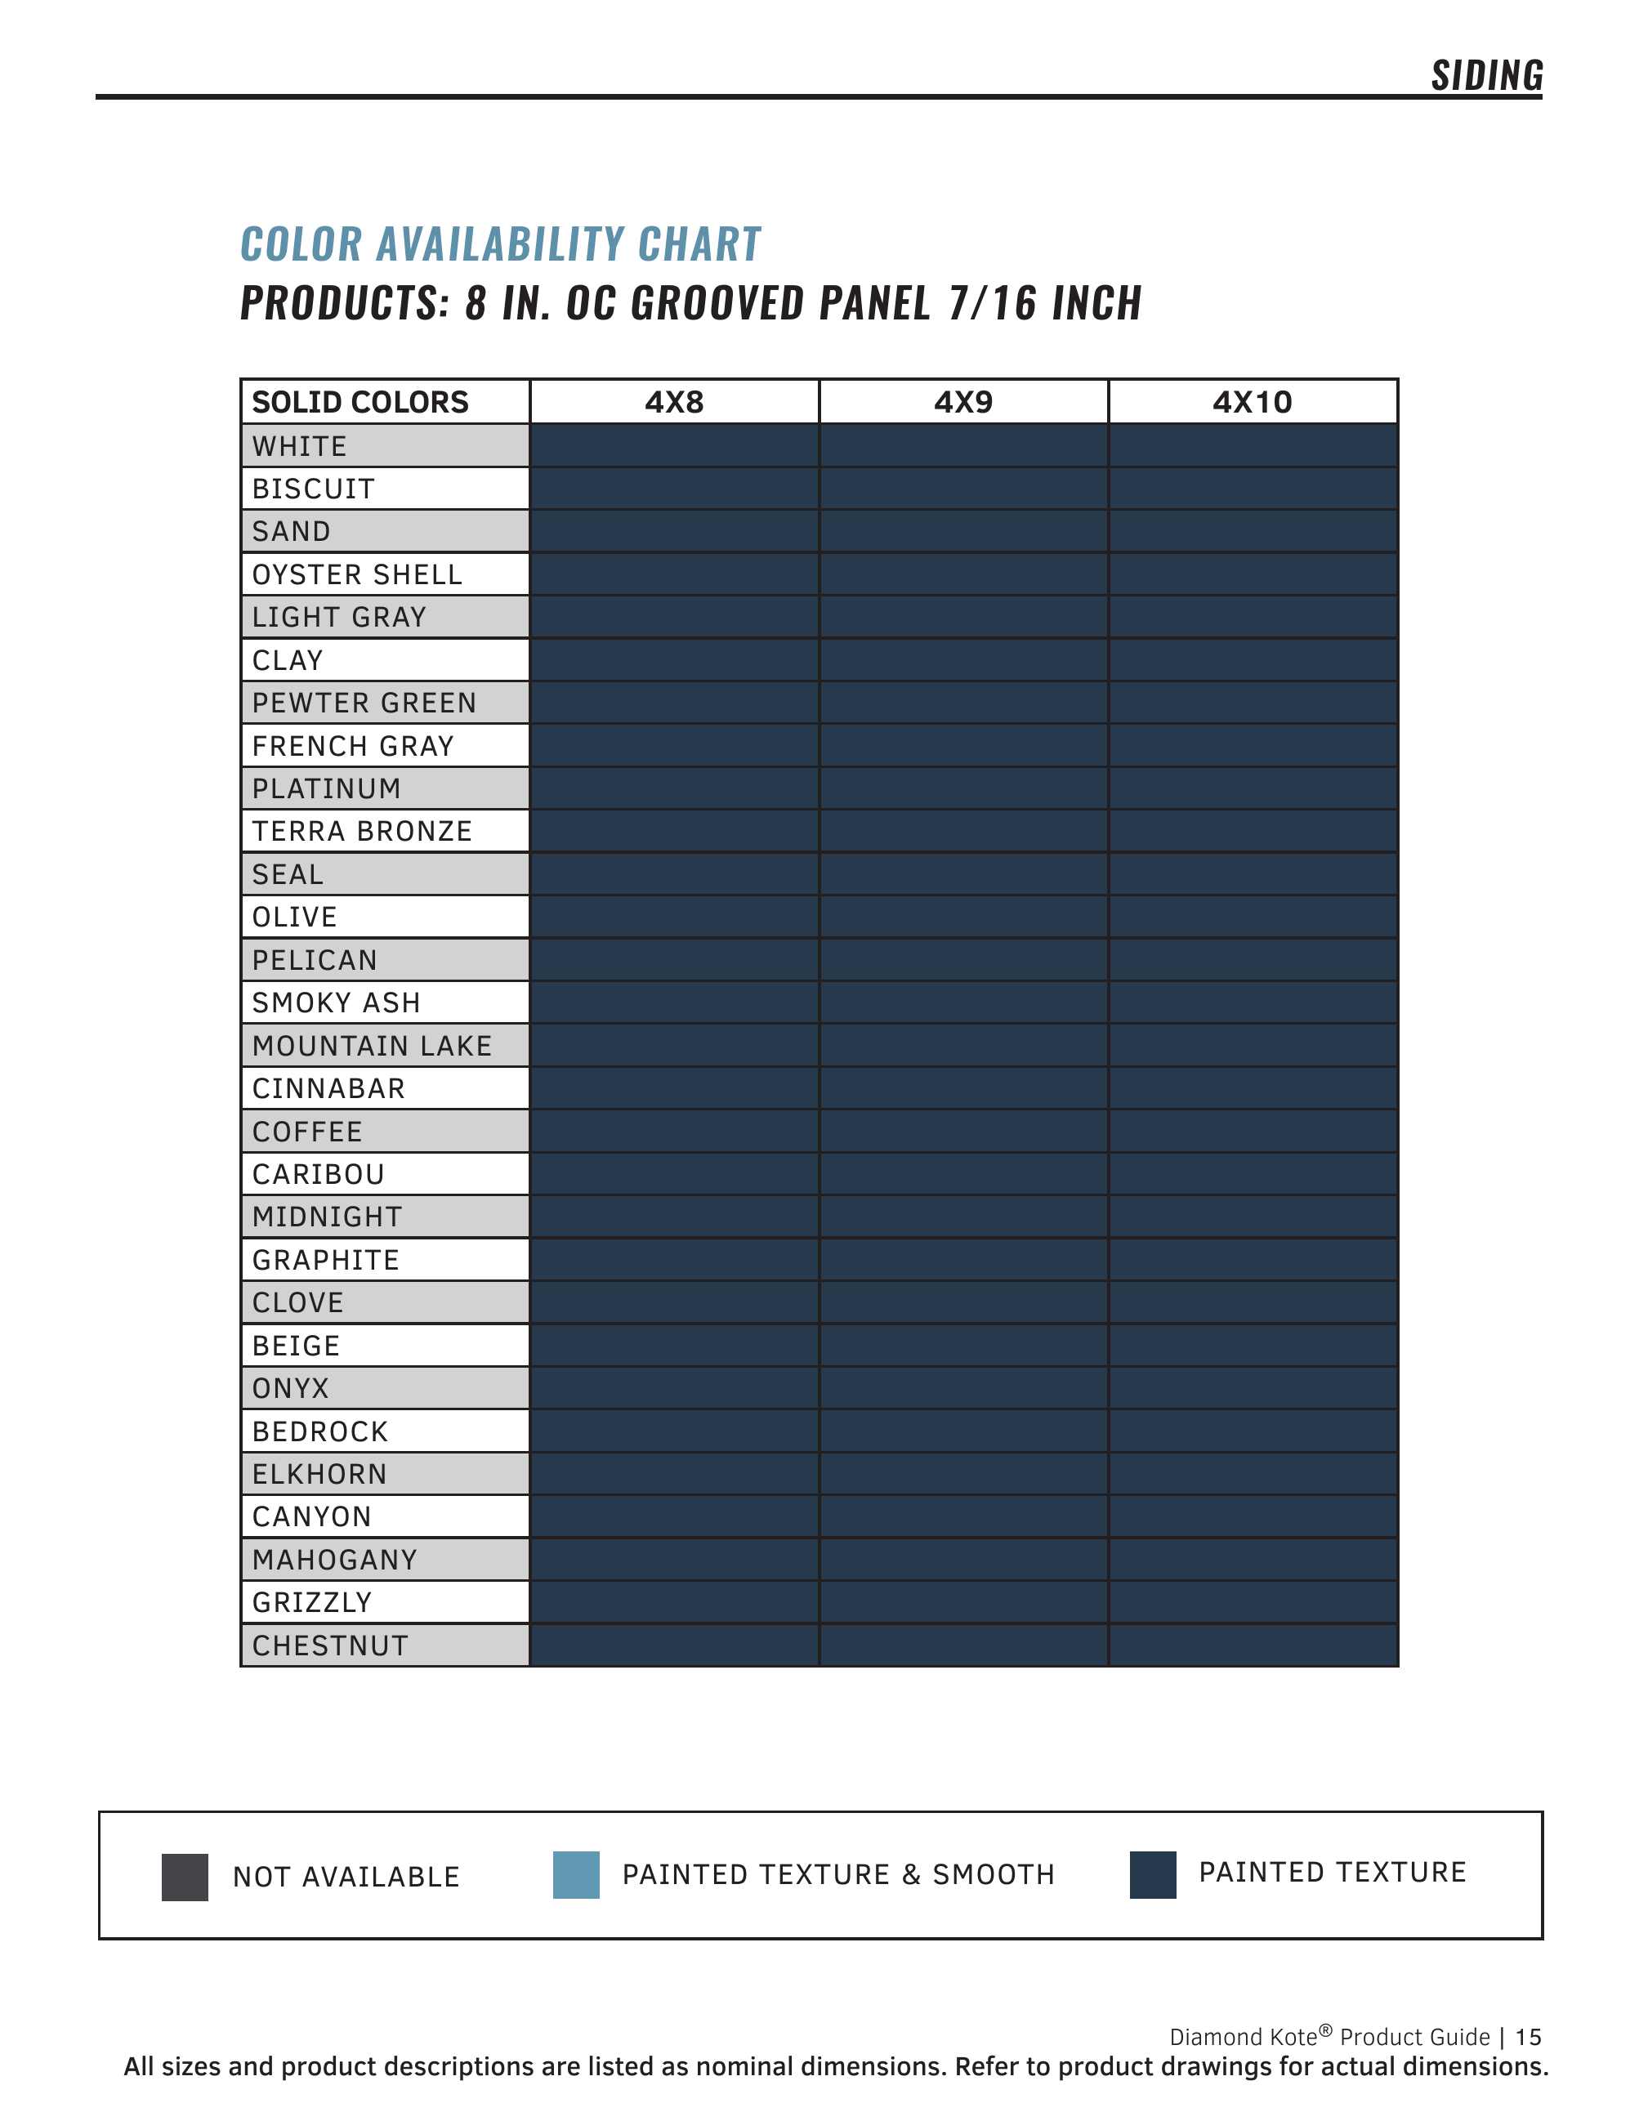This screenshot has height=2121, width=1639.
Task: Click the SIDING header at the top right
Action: pos(1485,76)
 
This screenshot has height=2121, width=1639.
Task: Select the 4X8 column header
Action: pos(674,402)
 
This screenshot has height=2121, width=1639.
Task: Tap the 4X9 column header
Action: pos(963,402)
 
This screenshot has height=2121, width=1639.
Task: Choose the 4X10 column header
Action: pos(1253,402)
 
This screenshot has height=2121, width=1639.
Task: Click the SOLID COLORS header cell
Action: pos(360,402)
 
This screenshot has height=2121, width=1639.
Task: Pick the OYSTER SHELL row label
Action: pos(357,575)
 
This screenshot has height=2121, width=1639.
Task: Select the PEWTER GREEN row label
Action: pos(364,703)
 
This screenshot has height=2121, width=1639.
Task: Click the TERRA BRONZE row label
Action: pos(362,831)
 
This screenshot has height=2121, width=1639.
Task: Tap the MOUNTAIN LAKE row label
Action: pos(372,1046)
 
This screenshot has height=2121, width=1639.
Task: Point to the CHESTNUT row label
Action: pos(330,1646)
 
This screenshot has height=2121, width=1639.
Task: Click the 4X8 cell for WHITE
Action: pos(674,446)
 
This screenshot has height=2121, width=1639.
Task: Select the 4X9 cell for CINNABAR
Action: pos(963,1088)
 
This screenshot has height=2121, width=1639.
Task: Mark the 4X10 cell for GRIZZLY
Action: pos(1253,1602)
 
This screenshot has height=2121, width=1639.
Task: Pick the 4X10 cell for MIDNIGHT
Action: pos(1253,1217)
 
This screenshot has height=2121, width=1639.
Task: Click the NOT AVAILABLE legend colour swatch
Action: pos(185,1878)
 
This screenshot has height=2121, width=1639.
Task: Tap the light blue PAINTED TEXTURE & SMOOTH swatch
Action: pos(576,1875)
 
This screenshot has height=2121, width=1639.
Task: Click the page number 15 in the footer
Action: pos(1529,2037)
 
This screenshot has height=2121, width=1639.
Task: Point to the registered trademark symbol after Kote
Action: pos(1325,2029)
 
